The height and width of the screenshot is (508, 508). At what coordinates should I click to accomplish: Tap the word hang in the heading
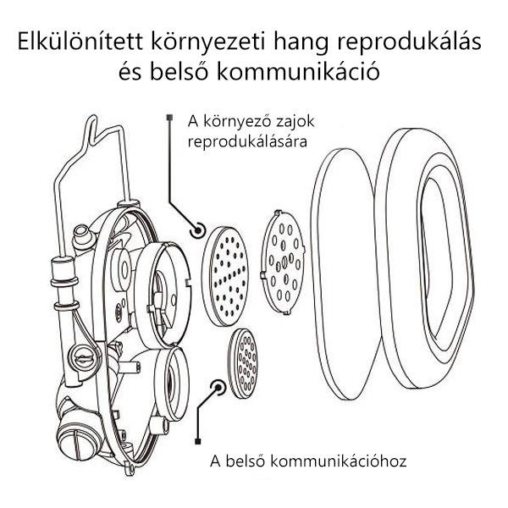click(x=317, y=42)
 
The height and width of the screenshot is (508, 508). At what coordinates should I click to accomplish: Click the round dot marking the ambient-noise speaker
click(x=200, y=229)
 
